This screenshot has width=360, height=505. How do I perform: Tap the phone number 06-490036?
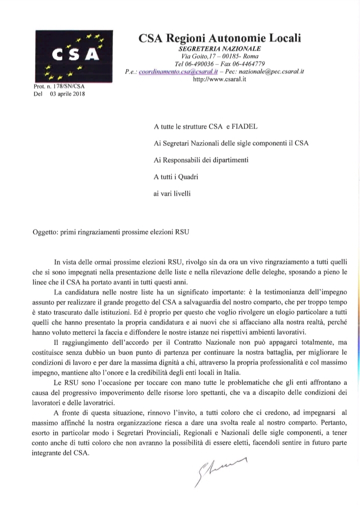click(x=199, y=64)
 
